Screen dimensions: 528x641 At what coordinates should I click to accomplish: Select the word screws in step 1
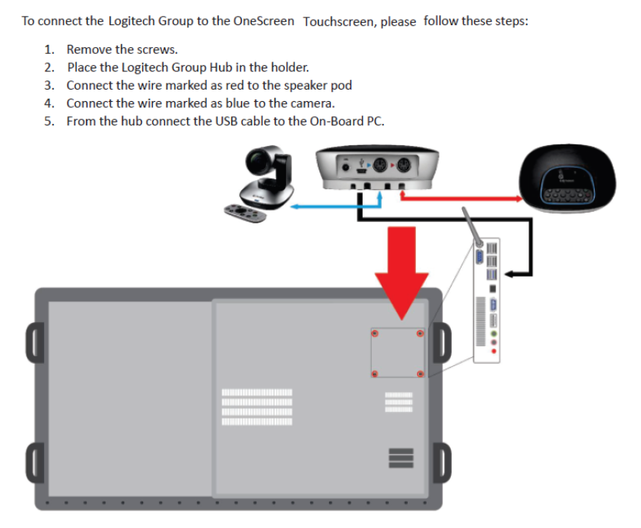(157, 49)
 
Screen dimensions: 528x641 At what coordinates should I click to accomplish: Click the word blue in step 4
(241, 103)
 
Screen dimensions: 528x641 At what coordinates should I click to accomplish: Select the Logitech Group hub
(376, 168)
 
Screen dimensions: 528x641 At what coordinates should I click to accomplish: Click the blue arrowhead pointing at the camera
(296, 205)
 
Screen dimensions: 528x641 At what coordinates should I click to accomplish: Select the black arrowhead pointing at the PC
(512, 273)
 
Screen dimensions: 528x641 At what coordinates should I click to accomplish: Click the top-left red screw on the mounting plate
(374, 334)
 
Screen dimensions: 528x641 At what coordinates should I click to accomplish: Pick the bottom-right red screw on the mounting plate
(420, 374)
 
